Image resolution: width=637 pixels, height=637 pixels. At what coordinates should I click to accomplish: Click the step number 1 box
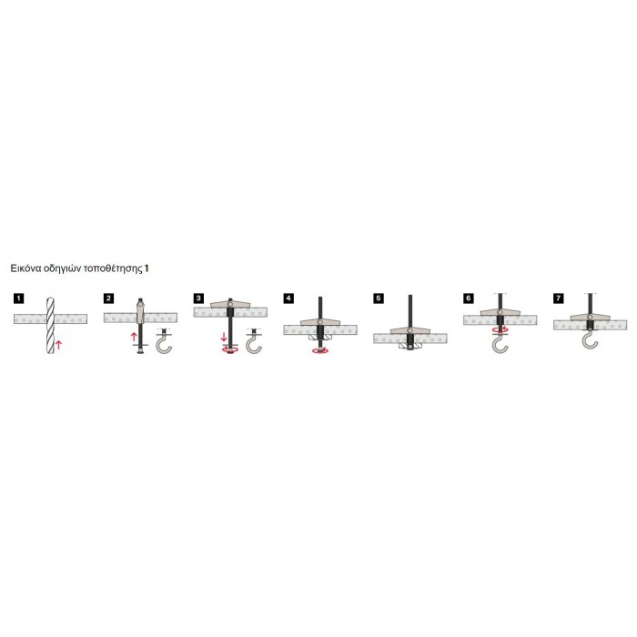click(18, 298)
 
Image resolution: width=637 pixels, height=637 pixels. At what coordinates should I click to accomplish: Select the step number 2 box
click(108, 298)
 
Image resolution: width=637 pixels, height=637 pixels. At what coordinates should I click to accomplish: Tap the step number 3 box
click(198, 298)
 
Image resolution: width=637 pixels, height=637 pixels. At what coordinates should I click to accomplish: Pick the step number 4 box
click(288, 298)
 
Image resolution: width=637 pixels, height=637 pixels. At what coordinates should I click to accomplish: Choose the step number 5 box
click(379, 298)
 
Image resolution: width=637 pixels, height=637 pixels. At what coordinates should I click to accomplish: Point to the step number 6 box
click(469, 298)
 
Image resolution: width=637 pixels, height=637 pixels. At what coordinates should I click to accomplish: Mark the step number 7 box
click(559, 298)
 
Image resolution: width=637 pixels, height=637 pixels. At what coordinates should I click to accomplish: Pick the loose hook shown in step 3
click(253, 342)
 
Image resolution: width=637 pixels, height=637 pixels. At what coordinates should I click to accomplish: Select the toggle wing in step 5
click(409, 330)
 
